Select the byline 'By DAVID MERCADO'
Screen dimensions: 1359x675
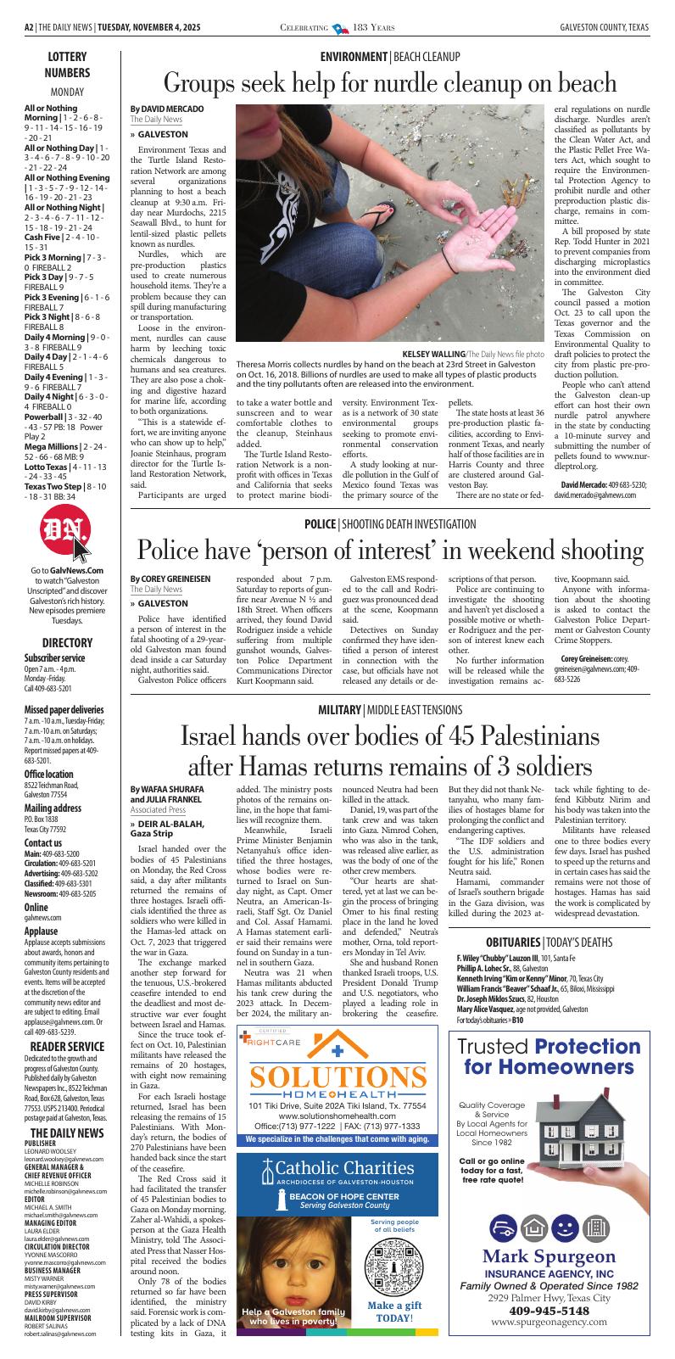tap(166, 109)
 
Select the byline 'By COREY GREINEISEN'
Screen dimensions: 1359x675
tap(170, 578)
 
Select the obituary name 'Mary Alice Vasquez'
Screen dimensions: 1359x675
tap(496, 1009)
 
